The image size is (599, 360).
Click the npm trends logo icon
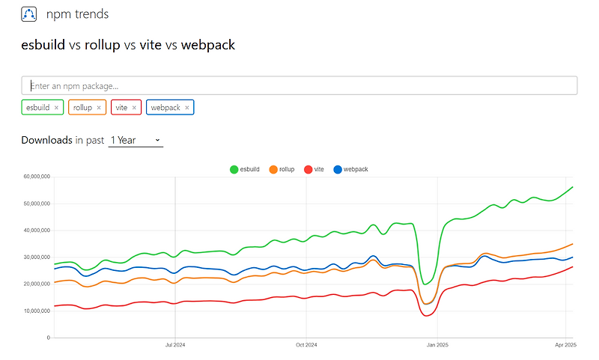coord(29,13)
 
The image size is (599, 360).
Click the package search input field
coord(299,85)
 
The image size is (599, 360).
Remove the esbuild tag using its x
coord(56,108)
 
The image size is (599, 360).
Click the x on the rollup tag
coord(99,108)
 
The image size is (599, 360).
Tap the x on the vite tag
coord(134,108)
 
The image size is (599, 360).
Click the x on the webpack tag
coord(187,108)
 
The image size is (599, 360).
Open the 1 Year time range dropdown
coord(136,140)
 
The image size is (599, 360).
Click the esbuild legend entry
coord(245,170)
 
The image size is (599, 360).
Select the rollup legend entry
coord(282,170)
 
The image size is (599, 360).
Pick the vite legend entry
coord(314,170)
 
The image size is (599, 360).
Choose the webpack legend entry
coord(350,170)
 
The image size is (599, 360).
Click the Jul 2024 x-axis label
coord(175,345)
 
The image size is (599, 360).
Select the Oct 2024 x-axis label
coord(306,345)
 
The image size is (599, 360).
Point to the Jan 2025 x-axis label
coord(437,345)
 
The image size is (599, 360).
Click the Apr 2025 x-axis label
coord(565,345)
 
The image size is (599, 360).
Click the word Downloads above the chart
coord(46,140)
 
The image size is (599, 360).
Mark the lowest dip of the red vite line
coord(428,316)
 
